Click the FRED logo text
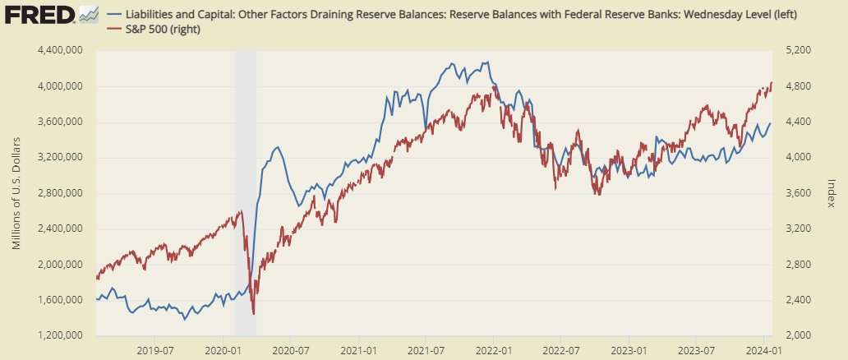[39, 14]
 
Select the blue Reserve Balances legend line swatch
[113, 15]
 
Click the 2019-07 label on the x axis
[156, 348]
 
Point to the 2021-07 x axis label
[426, 348]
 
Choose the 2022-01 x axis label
[494, 348]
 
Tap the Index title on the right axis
[831, 193]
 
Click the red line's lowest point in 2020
[254, 313]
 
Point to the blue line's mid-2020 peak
[278, 148]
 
